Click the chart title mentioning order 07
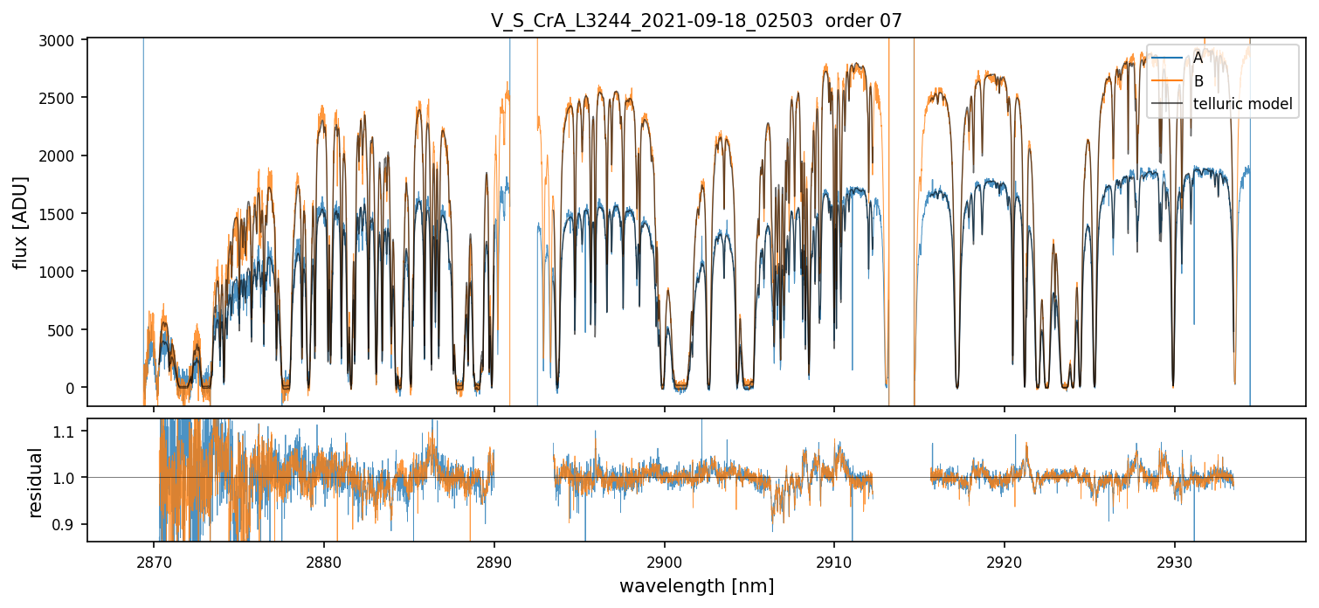click(696, 21)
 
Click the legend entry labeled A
click(1198, 58)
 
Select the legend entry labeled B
click(1198, 81)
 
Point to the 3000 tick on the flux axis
click(64, 39)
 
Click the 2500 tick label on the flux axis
click(64, 98)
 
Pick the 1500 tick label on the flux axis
click(64, 214)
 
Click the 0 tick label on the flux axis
click(74, 388)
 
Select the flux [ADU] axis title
click(19, 222)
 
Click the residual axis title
click(35, 482)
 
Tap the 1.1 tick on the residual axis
click(69, 432)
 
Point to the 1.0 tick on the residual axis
click(69, 478)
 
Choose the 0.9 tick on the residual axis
click(69, 524)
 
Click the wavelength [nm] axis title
click(696, 586)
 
